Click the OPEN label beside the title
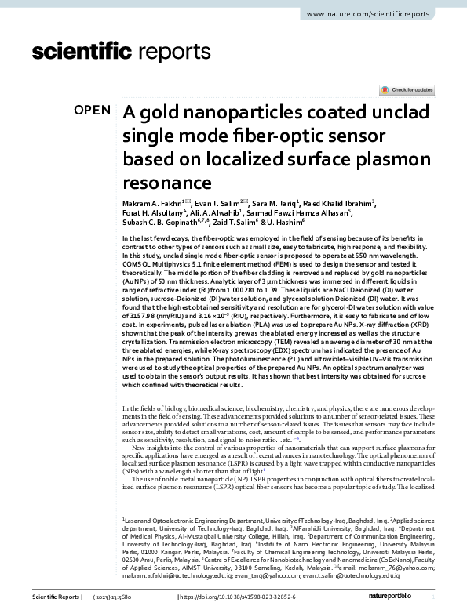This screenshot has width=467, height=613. (93, 111)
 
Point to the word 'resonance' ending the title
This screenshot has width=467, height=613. (167, 183)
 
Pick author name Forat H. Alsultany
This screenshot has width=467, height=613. (152, 214)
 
